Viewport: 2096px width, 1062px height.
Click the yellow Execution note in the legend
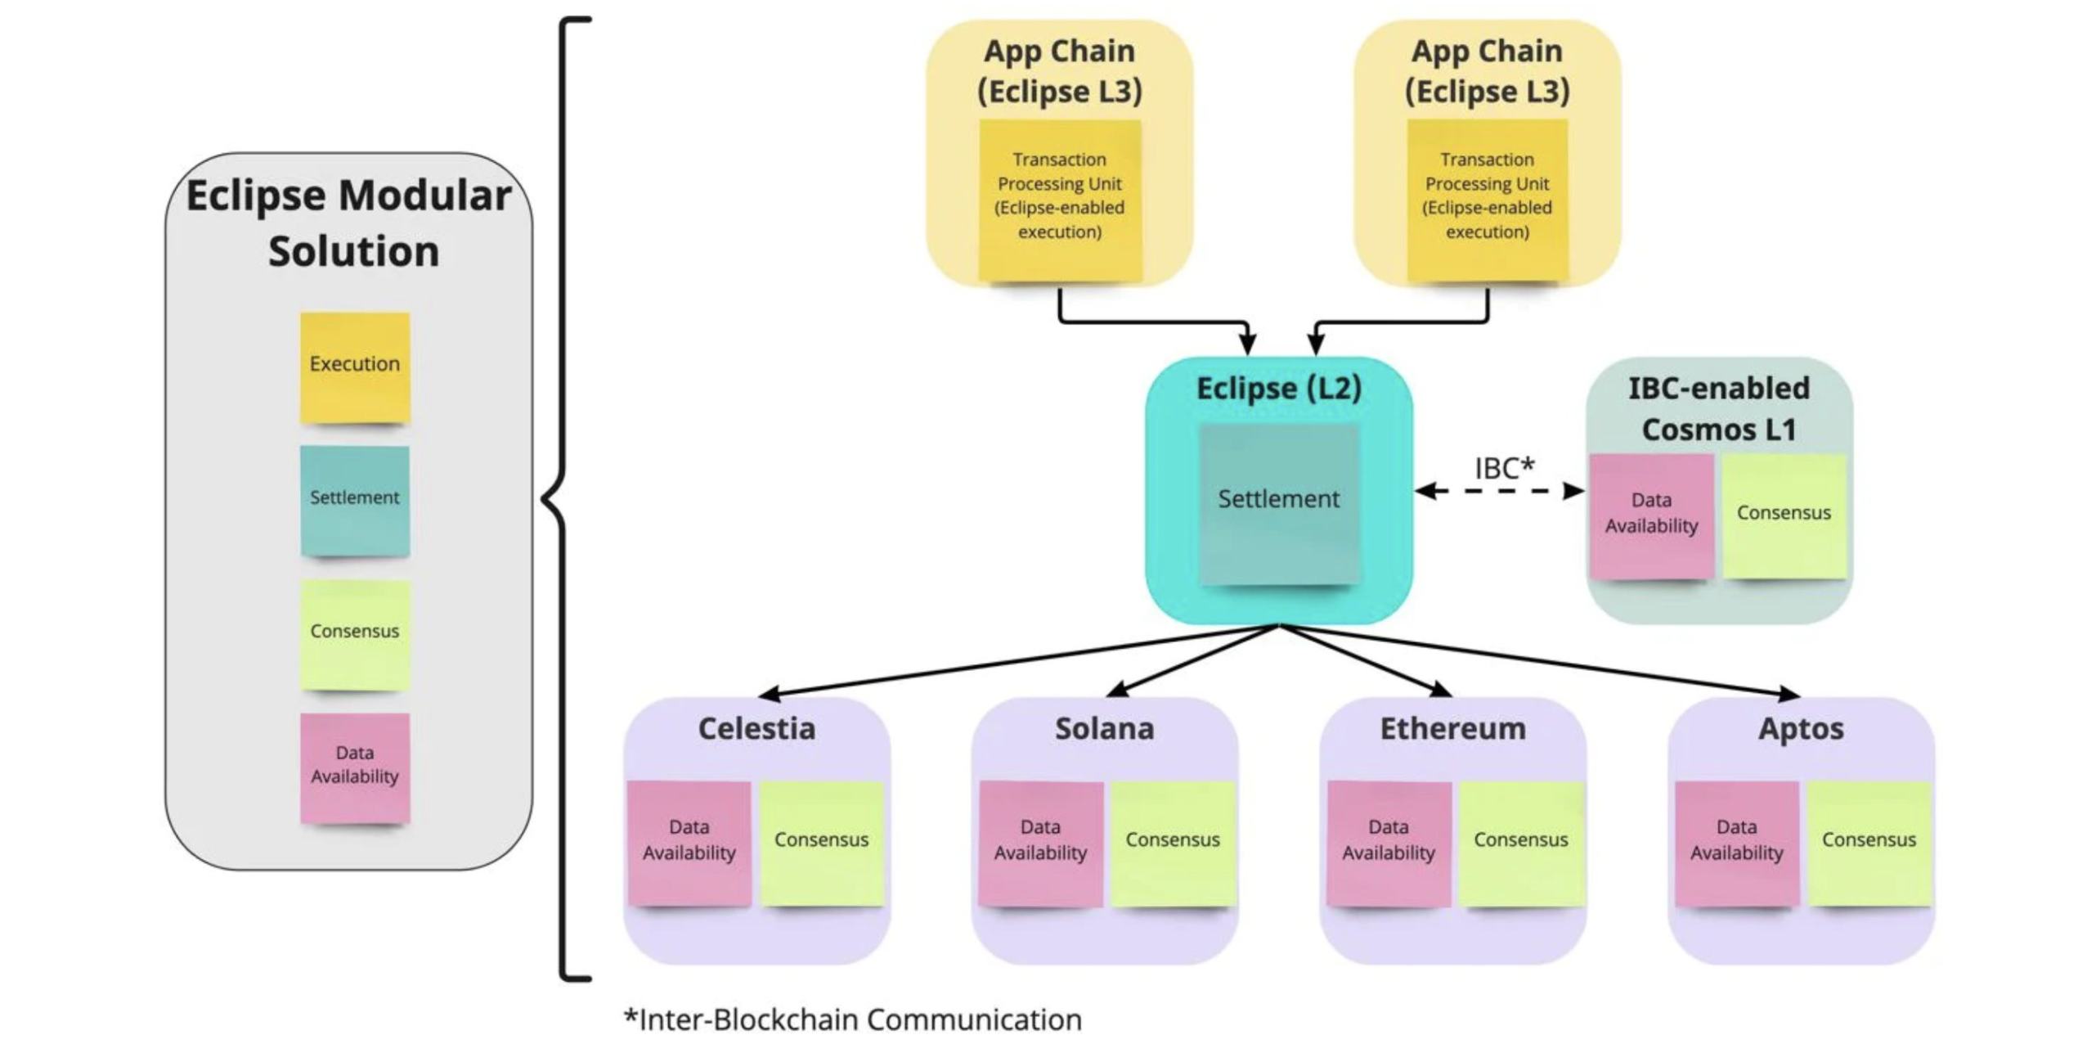pos(354,367)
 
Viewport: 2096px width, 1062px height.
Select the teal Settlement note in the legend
pos(354,500)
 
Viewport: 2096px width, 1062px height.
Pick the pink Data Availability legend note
pos(354,767)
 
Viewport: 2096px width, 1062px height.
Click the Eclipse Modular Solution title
pos(350,223)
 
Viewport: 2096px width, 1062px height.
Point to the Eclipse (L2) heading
pos(1278,389)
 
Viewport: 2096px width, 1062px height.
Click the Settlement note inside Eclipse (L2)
pos(1278,502)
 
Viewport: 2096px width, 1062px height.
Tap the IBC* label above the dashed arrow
pos(1504,468)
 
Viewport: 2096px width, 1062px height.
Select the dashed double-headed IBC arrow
pos(1500,491)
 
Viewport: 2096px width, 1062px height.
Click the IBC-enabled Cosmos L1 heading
pos(1718,408)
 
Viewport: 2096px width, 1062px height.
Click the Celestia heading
pos(756,728)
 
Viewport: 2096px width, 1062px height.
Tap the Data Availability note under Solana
pos(1040,842)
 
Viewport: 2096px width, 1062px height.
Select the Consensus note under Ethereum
pos(1520,842)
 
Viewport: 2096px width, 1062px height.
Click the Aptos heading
pos(1800,728)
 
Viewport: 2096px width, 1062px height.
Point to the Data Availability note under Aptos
pos(1736,842)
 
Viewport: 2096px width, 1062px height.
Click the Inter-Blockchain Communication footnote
pos(852,1019)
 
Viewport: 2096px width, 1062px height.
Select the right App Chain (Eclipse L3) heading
pos(1487,71)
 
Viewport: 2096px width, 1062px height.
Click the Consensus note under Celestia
pos(821,842)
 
